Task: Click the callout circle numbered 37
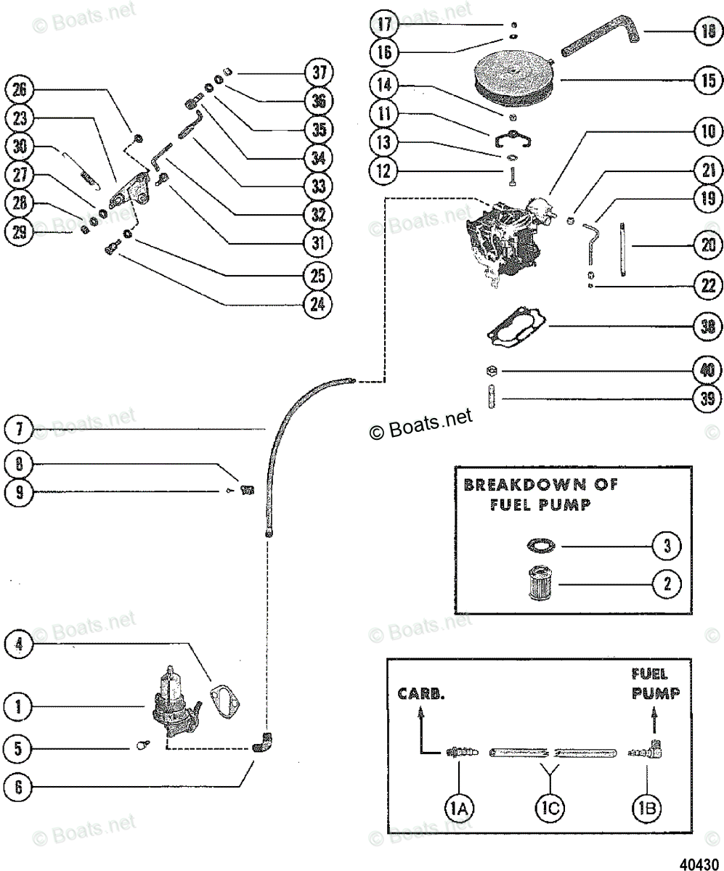coord(318,73)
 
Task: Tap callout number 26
coord(19,90)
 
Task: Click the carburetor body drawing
coord(509,242)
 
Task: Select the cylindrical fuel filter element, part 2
coord(541,584)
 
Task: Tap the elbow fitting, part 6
coord(262,744)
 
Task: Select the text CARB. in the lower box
coord(421,694)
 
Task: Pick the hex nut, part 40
coord(492,370)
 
